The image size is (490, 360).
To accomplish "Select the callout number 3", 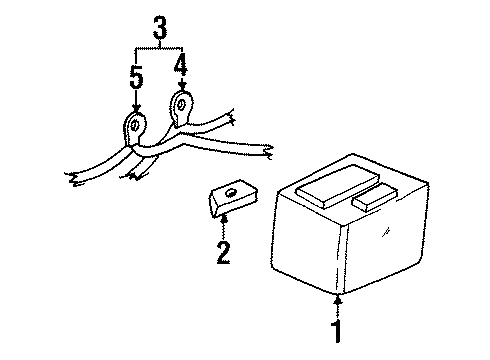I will point(159,29).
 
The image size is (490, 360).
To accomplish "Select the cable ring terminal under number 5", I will point(137,127).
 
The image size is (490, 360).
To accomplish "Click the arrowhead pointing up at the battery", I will point(339,296).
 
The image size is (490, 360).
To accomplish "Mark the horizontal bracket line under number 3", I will point(159,48).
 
